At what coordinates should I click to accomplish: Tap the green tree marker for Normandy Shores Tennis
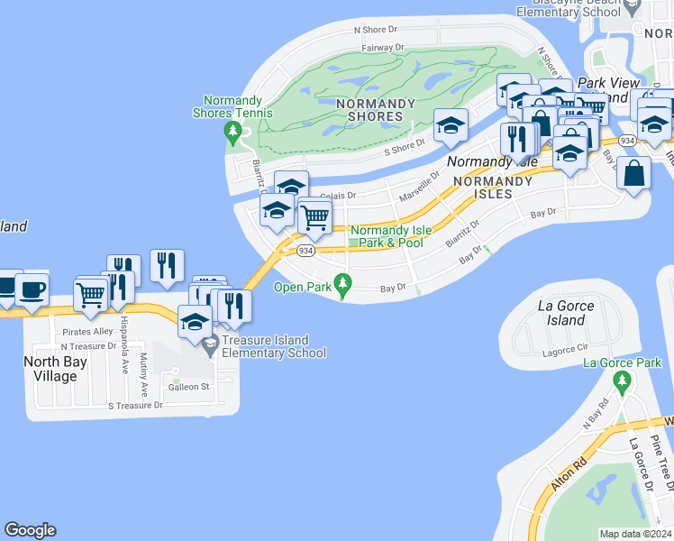click(234, 133)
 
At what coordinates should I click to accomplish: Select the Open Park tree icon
click(342, 285)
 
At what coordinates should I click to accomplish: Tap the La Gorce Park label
click(623, 363)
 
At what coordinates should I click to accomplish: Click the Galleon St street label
click(189, 387)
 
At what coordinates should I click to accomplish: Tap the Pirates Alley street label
click(87, 332)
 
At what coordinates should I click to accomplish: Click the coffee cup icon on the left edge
click(32, 289)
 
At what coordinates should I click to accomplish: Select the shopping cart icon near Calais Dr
click(314, 215)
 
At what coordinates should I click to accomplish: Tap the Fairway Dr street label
click(382, 48)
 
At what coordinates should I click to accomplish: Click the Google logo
click(30, 530)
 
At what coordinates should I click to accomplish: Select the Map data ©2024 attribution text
click(635, 534)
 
